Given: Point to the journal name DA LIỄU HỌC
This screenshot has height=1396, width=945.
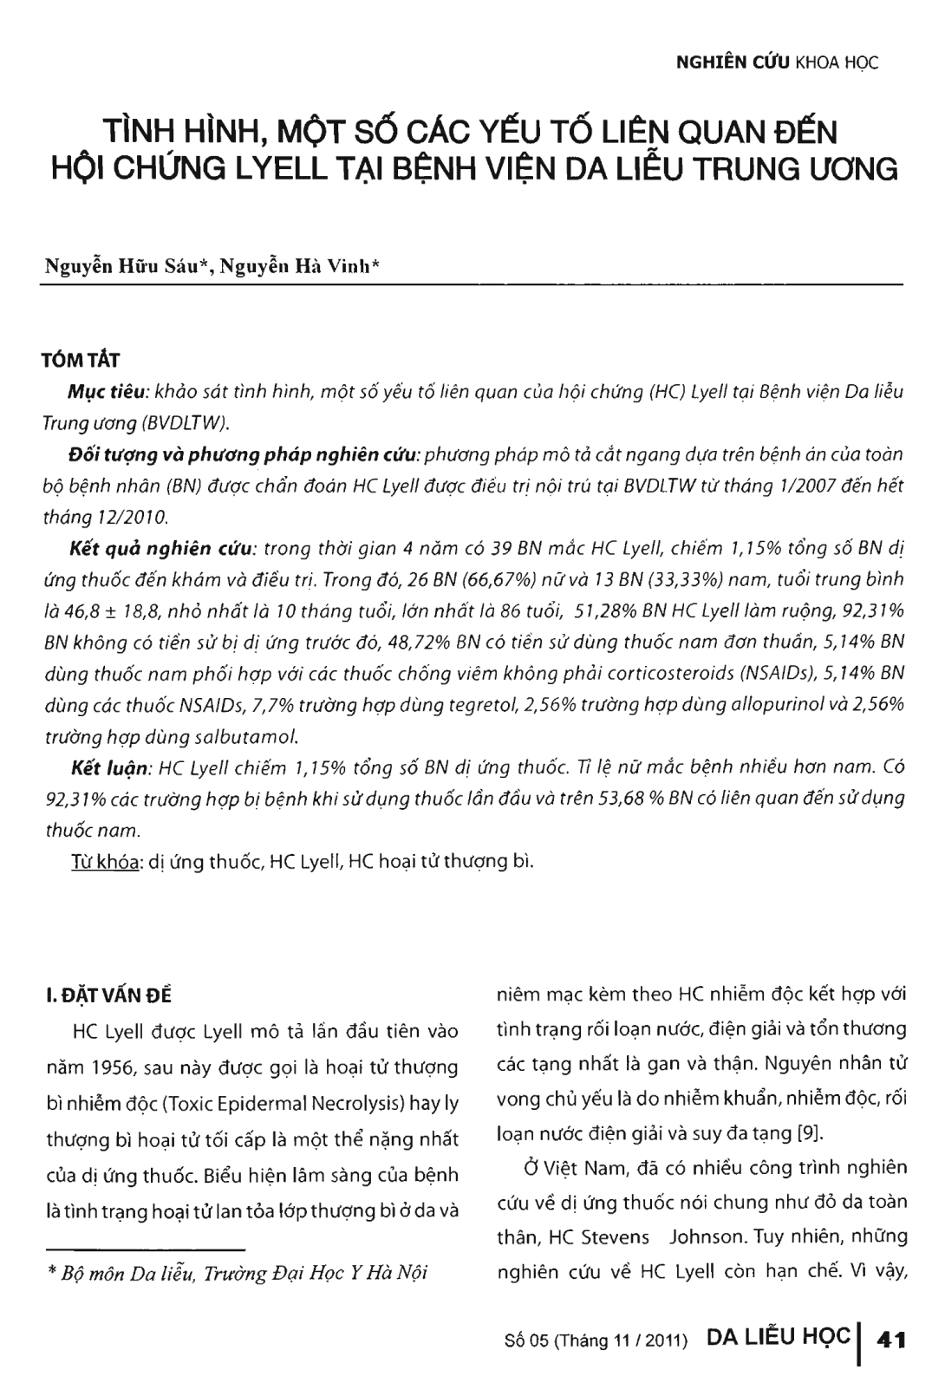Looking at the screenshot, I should click(x=778, y=1337).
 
